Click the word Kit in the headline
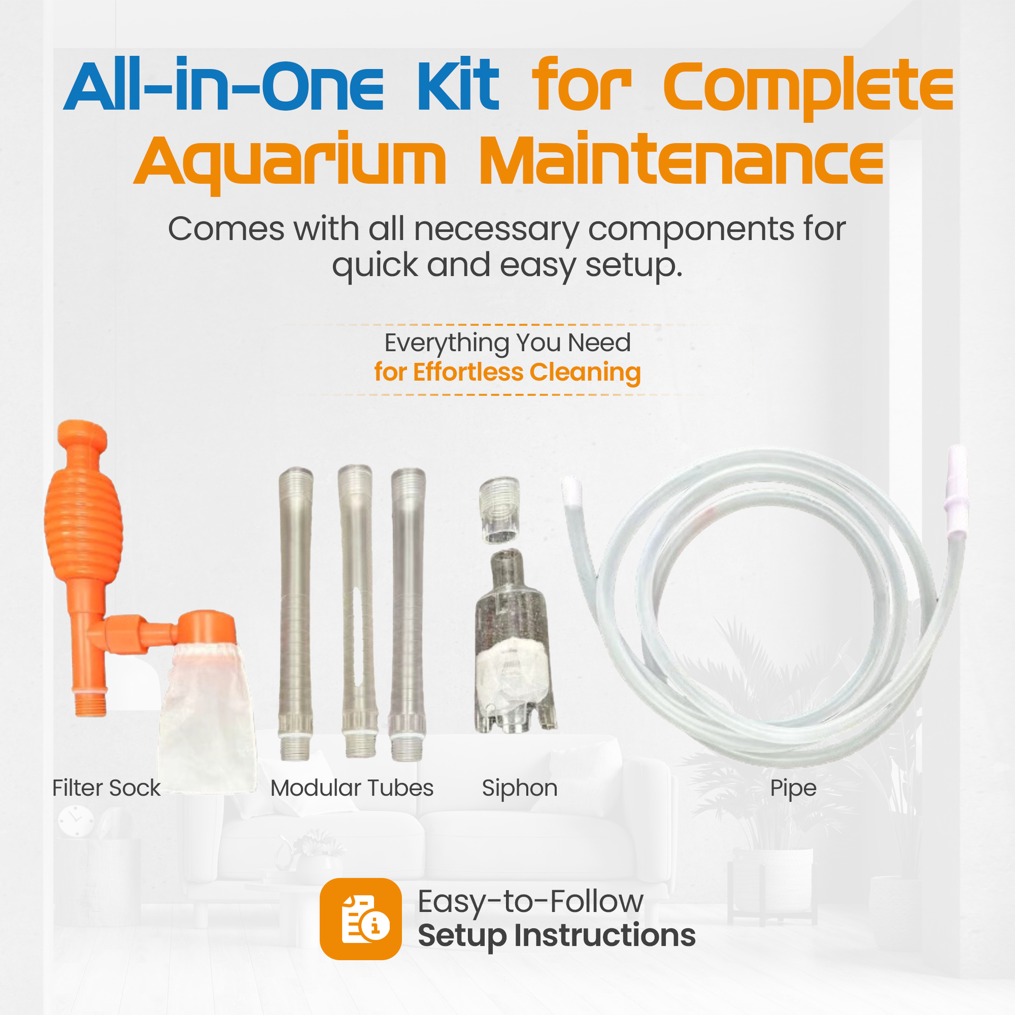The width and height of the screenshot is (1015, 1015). click(457, 86)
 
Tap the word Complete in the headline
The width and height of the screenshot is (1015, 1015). click(808, 87)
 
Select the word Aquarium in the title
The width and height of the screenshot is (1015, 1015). click(289, 160)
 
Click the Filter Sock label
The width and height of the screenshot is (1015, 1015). click(106, 788)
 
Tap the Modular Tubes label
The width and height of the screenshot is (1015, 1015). click(352, 788)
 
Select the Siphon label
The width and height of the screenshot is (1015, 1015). click(519, 788)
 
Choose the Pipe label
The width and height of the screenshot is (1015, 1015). click(793, 788)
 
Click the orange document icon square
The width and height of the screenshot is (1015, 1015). click(360, 919)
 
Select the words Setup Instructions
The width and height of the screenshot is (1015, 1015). click(557, 935)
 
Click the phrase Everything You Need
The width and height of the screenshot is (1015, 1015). click(507, 343)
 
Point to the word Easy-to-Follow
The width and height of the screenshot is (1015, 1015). click(530, 901)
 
